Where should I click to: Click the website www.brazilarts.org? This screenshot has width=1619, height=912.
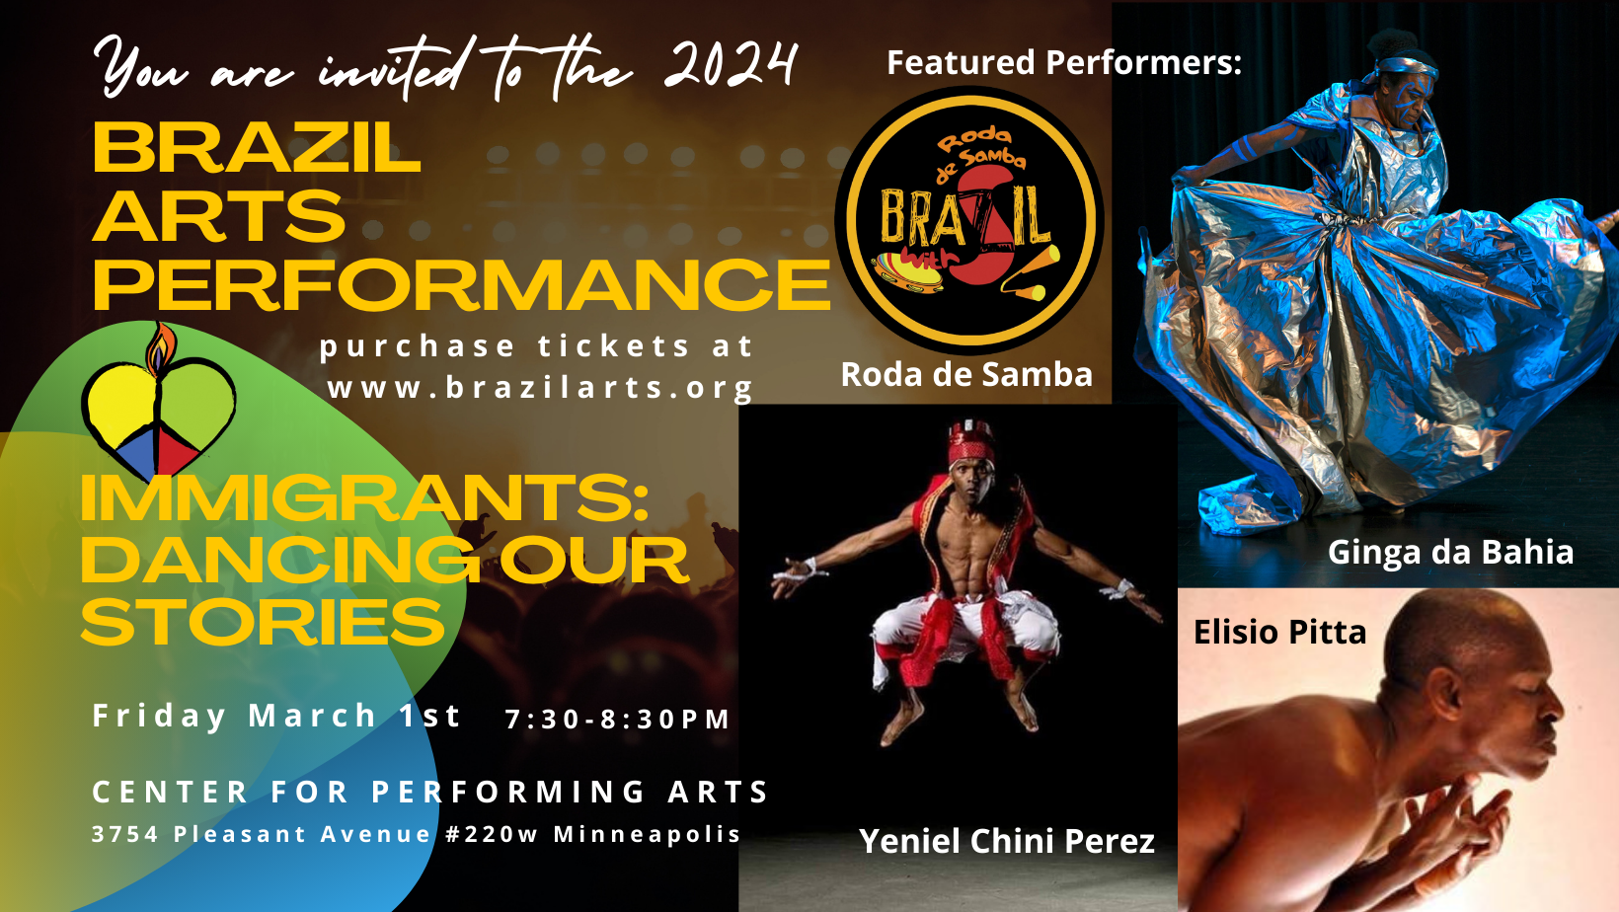point(540,388)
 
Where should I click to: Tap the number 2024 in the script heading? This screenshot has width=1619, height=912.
point(731,66)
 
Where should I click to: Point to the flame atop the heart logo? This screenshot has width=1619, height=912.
point(161,348)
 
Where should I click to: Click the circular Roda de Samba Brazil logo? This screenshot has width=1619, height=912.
point(969,220)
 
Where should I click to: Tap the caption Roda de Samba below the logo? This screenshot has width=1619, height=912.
point(966,374)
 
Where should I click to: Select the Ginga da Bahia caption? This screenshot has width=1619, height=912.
point(1450,553)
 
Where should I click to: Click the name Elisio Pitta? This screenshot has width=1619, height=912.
point(1280,633)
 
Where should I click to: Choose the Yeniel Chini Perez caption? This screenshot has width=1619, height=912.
point(1007,841)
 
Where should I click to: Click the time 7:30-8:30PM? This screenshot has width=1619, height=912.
point(617,720)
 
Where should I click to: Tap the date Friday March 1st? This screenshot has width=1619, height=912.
point(276,717)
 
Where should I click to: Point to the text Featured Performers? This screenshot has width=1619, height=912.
point(1064,62)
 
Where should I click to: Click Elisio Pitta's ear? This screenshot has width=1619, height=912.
point(1445,695)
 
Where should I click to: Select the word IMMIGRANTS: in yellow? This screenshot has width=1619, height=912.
point(364,497)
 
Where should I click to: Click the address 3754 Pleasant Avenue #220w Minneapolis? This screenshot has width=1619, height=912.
point(416,834)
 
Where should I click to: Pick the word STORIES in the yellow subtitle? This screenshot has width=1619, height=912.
point(263,622)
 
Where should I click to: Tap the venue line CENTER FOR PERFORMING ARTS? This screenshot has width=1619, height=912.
point(429,792)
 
